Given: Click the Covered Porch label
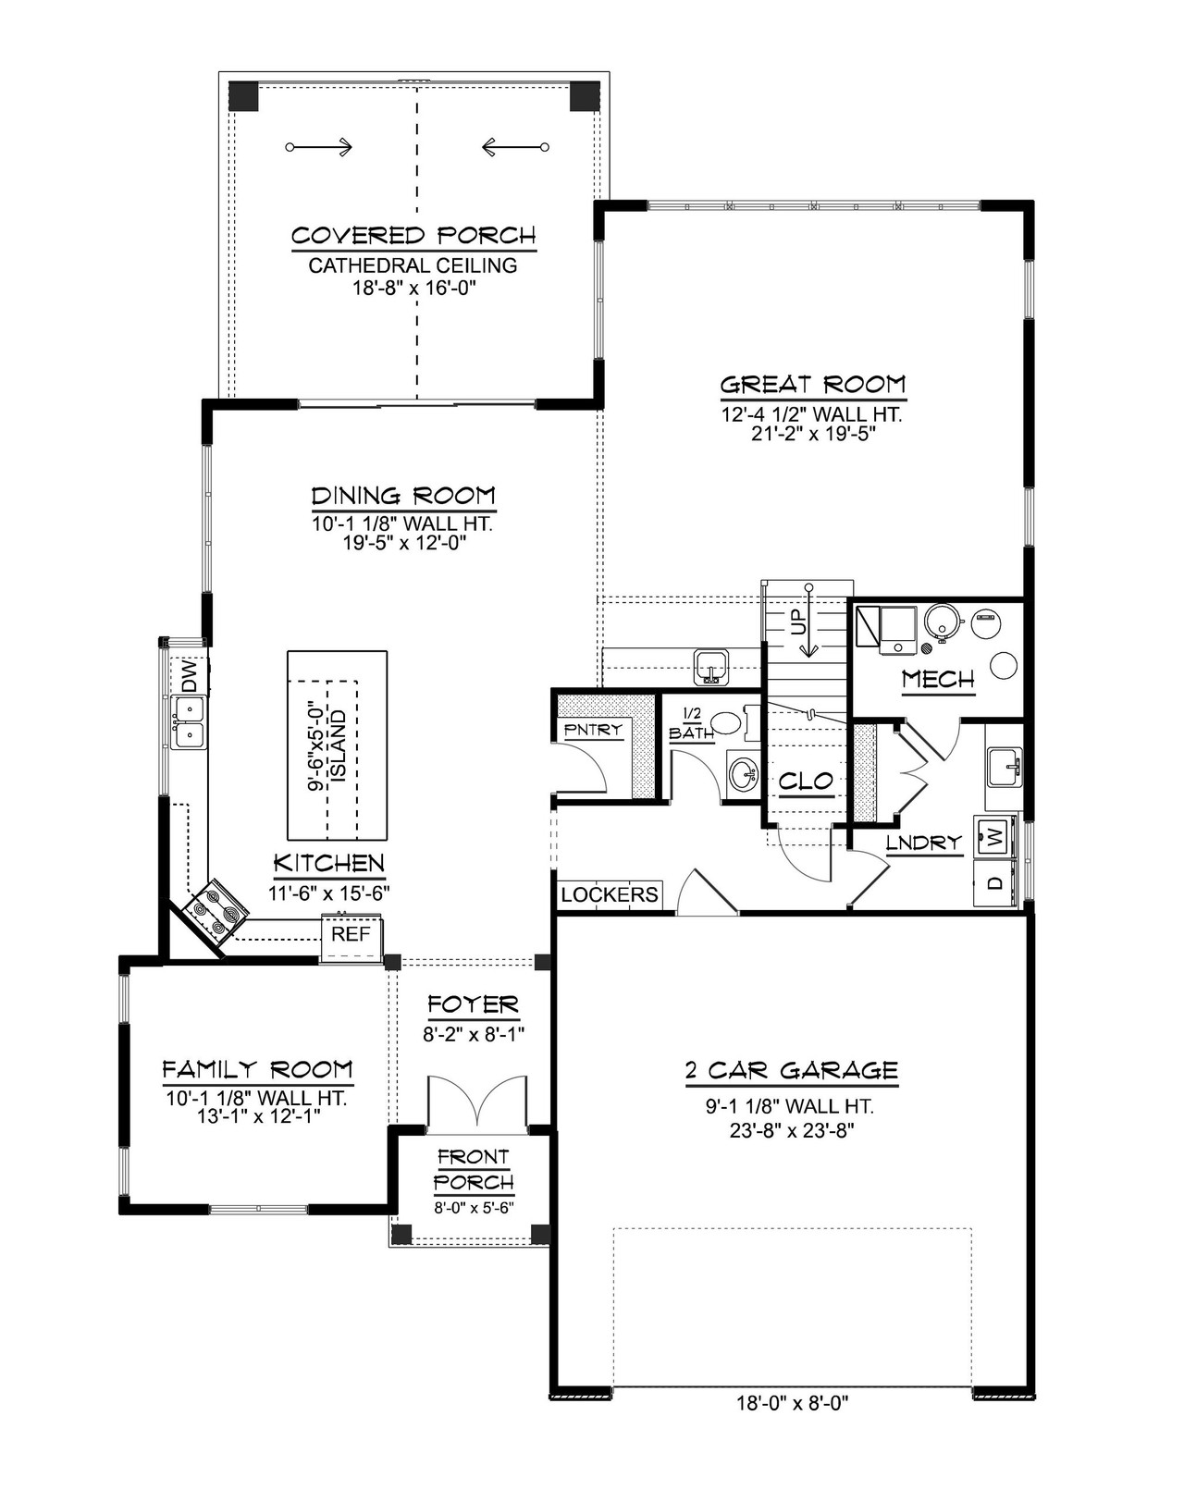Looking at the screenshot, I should pyautogui.click(x=413, y=236).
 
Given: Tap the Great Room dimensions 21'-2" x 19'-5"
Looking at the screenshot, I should pyautogui.click(x=813, y=434).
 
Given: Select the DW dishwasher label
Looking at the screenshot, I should pyautogui.click(x=190, y=676).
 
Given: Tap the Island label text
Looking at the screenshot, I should pyautogui.click(x=338, y=745).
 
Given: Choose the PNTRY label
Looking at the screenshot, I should pyautogui.click(x=593, y=729).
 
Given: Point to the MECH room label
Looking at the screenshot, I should pyautogui.click(x=938, y=680).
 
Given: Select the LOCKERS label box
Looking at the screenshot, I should pyautogui.click(x=610, y=894).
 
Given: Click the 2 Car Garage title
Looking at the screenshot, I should pyautogui.click(x=792, y=1071).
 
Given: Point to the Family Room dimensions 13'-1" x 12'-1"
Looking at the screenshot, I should pyautogui.click(x=258, y=1116).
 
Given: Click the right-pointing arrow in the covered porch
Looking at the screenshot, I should pyautogui.click(x=320, y=147).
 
